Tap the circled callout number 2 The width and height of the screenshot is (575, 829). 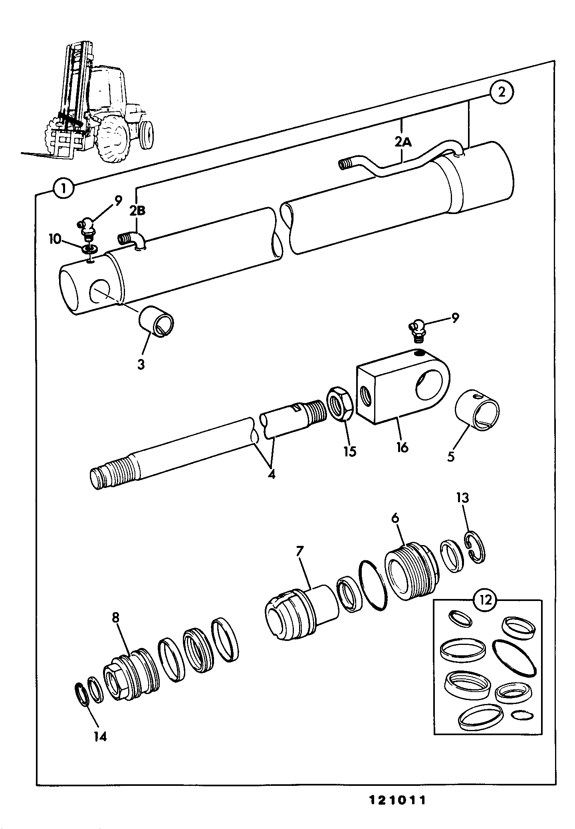click(x=501, y=93)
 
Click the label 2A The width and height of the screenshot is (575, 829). click(x=402, y=141)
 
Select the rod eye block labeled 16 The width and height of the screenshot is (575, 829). click(x=403, y=386)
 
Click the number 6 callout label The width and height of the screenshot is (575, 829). click(x=395, y=518)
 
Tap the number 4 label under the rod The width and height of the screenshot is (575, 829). click(x=271, y=475)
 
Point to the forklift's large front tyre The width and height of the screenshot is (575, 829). click(x=113, y=137)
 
